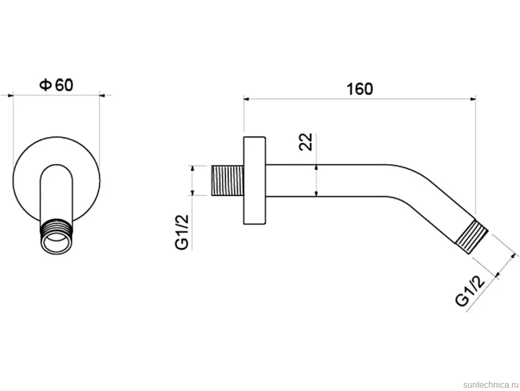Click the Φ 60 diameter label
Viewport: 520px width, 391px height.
pyautogui.click(x=56, y=85)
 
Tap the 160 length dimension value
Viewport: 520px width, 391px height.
pyautogui.click(x=360, y=89)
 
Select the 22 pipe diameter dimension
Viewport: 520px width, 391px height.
pyautogui.click(x=306, y=142)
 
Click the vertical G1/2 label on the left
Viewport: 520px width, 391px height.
pyautogui.click(x=182, y=231)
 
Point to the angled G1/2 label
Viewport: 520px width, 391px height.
pyautogui.click(x=470, y=292)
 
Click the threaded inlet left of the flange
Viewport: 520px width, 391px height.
pyautogui.click(x=227, y=180)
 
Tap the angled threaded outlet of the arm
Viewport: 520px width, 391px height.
pyautogui.click(x=472, y=237)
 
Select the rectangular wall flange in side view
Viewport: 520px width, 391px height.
pyautogui.click(x=255, y=180)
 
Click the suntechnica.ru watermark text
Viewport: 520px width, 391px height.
pyautogui.click(x=491, y=385)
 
